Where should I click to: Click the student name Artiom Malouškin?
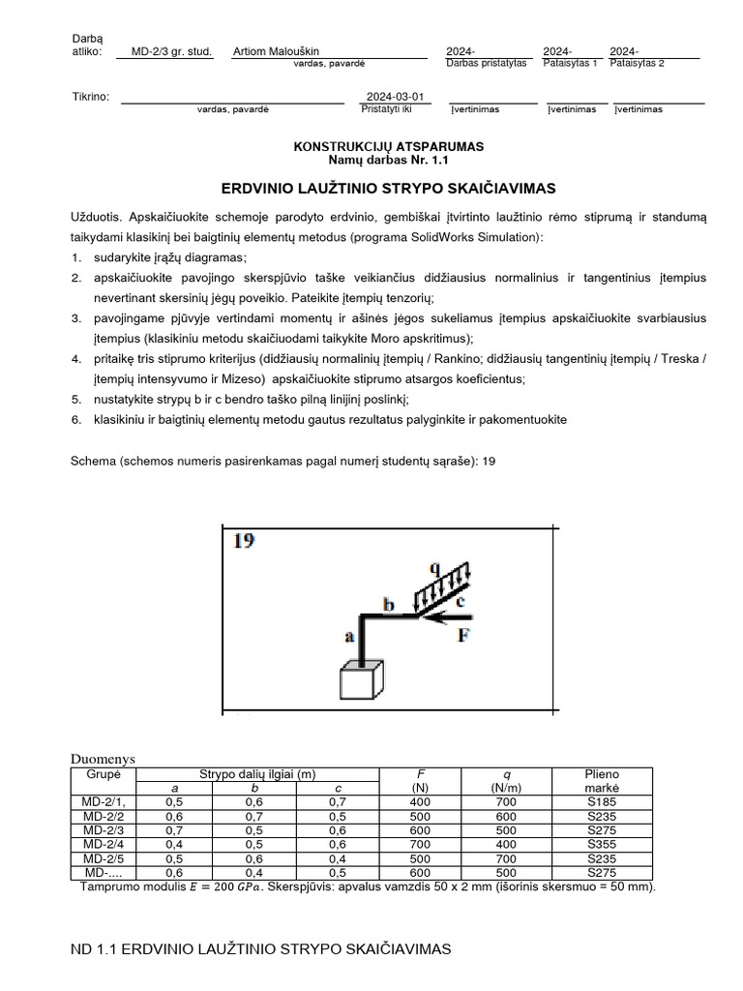[277, 51]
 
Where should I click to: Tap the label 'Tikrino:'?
[91, 97]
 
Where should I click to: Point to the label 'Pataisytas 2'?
[637, 63]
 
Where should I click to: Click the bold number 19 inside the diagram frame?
[244, 541]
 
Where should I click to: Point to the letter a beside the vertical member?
[349, 637]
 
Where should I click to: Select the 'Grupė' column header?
[104, 774]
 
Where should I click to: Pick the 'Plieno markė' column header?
[602, 781]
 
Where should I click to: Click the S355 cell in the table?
[602, 843]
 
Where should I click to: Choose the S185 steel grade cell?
[602, 801]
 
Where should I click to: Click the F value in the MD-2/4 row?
[419, 843]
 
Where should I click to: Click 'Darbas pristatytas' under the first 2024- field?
[486, 63]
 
